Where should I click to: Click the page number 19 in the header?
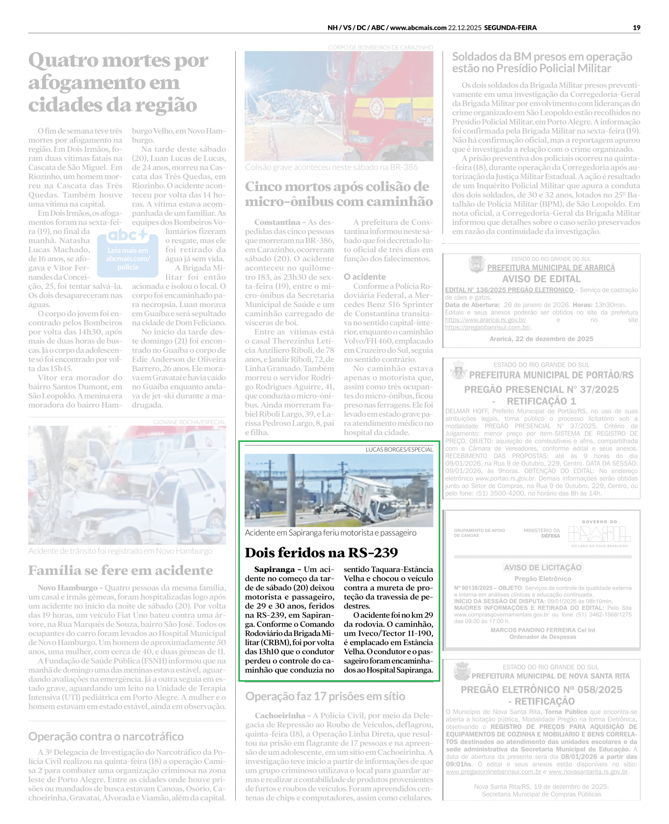point(636,28)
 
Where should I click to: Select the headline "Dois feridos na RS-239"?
point(321,552)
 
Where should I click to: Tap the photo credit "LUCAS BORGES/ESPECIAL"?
point(399,449)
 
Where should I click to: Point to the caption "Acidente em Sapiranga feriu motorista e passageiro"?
point(330,533)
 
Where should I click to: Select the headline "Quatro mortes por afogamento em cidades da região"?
point(118,82)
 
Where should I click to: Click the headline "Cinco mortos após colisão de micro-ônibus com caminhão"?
point(338,194)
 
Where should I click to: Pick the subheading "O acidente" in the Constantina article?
point(364,276)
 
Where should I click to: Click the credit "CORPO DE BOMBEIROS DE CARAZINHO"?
point(380,47)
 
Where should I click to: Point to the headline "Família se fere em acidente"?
point(120,570)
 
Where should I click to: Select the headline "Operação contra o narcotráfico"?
point(106,736)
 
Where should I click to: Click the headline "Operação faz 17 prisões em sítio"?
point(325,696)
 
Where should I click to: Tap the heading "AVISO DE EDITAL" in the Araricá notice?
point(541,279)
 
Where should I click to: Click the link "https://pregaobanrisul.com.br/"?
point(487,327)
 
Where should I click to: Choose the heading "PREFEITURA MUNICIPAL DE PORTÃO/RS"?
point(551,375)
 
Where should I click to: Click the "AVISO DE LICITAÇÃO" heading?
point(542,567)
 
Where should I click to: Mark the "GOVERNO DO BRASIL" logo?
point(599,534)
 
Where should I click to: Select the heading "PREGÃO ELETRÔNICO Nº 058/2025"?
point(542,689)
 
